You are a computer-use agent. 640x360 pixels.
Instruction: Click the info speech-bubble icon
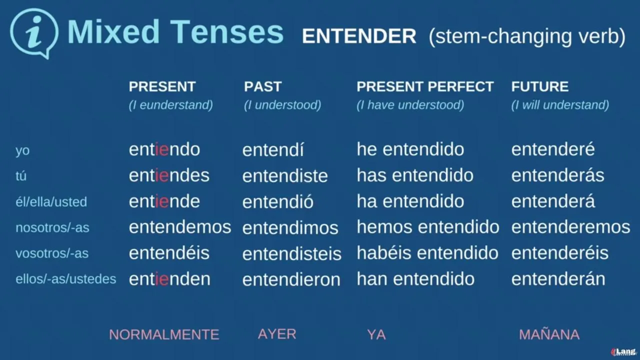tap(34, 33)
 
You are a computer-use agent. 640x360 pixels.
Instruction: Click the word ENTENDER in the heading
tap(359, 36)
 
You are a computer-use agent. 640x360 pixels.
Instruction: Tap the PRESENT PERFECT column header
tap(425, 86)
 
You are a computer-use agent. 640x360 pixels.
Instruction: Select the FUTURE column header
tap(539, 86)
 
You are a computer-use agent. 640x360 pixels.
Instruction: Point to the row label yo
tap(22, 150)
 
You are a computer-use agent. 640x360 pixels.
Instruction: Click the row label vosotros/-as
tap(52, 253)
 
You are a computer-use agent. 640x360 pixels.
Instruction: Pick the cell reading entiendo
tap(164, 149)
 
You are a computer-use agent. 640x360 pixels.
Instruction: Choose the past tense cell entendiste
tap(285, 176)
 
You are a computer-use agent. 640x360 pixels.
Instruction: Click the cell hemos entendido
tap(427, 227)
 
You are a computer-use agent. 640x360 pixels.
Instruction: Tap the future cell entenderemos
tap(570, 227)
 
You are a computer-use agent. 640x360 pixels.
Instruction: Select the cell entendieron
tap(291, 279)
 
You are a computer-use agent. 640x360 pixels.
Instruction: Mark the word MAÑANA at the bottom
tap(549, 334)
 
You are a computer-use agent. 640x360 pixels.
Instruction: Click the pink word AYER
tap(277, 334)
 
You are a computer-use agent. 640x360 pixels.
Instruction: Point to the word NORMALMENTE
tap(164, 334)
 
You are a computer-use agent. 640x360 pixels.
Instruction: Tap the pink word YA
tap(376, 334)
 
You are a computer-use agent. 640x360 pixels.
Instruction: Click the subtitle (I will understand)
tap(560, 105)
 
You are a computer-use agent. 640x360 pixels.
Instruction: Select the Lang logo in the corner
tap(623, 352)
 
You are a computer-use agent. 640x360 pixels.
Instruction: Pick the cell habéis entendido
tap(427, 253)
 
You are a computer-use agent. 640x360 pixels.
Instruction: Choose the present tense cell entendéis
tap(169, 253)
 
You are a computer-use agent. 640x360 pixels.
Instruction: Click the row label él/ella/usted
tap(51, 201)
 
